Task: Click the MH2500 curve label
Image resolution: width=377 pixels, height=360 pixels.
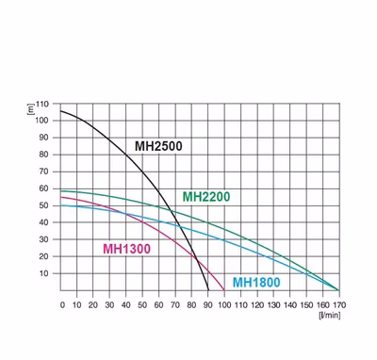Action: point(158,146)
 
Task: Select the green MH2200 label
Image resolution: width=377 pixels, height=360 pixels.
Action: point(206,197)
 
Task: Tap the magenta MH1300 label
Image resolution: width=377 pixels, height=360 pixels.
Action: point(127,249)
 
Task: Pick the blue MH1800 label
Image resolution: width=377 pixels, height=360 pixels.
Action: point(256,283)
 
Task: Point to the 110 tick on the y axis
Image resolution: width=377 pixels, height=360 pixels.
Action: point(42,104)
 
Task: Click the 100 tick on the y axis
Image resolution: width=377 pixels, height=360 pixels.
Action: point(42,121)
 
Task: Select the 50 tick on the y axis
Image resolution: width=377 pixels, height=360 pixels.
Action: point(44,205)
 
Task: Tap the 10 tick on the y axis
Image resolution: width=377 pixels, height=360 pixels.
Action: point(44,273)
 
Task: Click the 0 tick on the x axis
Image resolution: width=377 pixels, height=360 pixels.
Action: point(62,305)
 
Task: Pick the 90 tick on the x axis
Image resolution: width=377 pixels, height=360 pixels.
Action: point(208,305)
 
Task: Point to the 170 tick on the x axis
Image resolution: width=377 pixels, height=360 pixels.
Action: point(339,305)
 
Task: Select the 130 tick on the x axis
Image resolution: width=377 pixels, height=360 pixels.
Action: point(273,305)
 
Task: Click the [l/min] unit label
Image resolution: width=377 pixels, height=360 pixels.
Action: point(329,315)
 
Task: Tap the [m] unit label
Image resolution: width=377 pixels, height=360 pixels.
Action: point(31,109)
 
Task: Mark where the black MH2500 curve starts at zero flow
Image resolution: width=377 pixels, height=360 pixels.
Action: point(60,111)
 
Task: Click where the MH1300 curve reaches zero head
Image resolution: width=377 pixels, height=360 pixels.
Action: point(224,290)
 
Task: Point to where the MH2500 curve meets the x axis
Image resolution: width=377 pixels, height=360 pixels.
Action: point(208,290)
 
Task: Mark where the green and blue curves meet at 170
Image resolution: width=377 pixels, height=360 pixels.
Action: point(339,290)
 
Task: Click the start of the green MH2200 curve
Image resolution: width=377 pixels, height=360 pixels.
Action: point(60,191)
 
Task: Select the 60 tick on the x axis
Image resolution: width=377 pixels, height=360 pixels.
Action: point(159,305)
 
